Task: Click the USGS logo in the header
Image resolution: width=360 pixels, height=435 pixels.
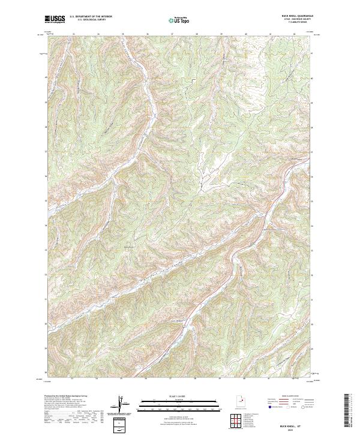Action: click(x=55, y=20)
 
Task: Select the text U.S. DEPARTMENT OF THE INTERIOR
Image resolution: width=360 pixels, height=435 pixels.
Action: click(x=91, y=17)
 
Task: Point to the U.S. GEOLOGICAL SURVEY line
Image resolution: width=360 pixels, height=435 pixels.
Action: click(x=91, y=21)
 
